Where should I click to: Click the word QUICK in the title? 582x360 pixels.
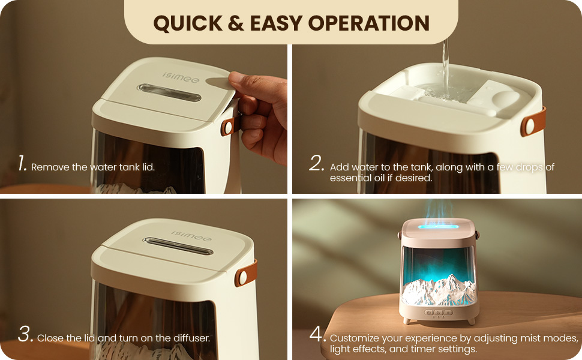(x=188, y=23)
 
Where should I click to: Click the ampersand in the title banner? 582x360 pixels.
(x=236, y=23)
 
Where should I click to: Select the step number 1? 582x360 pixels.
(x=22, y=163)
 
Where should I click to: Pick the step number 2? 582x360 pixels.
(x=317, y=163)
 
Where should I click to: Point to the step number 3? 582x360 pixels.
(x=25, y=334)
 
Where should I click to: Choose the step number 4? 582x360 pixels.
(x=317, y=334)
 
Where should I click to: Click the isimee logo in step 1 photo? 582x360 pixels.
(x=181, y=77)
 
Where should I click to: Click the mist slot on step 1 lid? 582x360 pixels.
(x=169, y=92)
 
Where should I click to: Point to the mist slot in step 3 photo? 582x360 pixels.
(x=178, y=246)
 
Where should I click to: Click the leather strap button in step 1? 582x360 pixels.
(x=228, y=127)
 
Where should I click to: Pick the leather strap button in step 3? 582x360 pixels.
(x=243, y=277)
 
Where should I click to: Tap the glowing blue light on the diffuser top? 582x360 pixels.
(x=438, y=226)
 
